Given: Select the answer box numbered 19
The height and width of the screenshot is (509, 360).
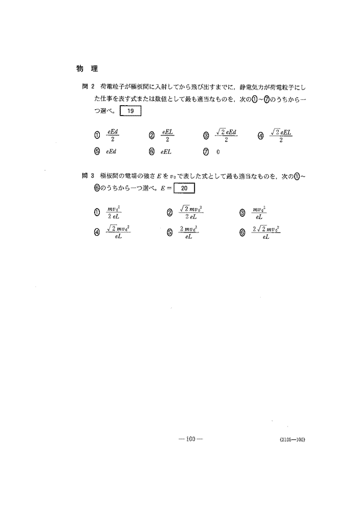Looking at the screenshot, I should (129, 110).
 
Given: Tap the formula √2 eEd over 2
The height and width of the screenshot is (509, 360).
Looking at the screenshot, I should (226, 135).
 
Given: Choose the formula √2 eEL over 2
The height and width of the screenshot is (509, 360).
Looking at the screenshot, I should (281, 135).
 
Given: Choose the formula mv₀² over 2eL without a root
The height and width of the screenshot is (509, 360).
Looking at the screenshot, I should (114, 213).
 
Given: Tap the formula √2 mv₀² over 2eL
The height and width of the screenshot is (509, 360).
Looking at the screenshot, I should (191, 213).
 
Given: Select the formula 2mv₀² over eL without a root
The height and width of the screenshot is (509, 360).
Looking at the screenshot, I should (188, 233).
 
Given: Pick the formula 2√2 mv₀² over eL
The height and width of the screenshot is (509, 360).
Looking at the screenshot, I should (267, 233).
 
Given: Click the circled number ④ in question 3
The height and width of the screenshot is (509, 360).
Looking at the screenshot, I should (97, 233).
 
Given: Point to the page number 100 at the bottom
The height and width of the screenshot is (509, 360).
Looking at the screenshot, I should (189, 439).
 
